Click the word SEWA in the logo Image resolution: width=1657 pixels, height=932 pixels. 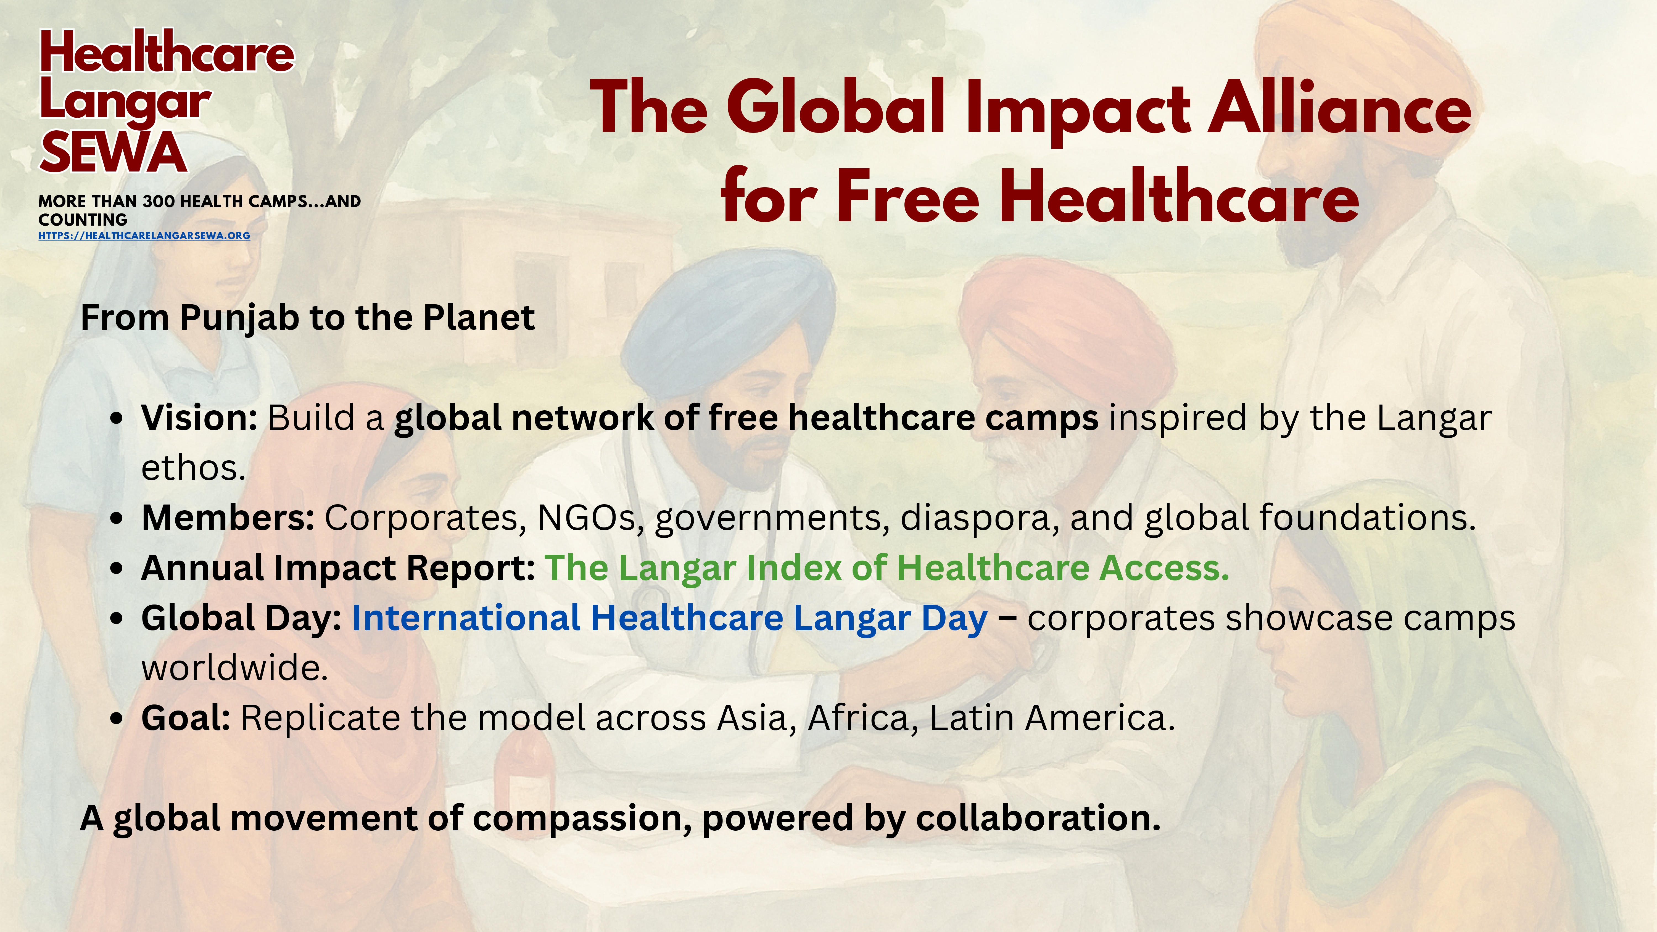[x=113, y=153]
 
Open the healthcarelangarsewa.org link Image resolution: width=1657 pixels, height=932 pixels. [x=144, y=235]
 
